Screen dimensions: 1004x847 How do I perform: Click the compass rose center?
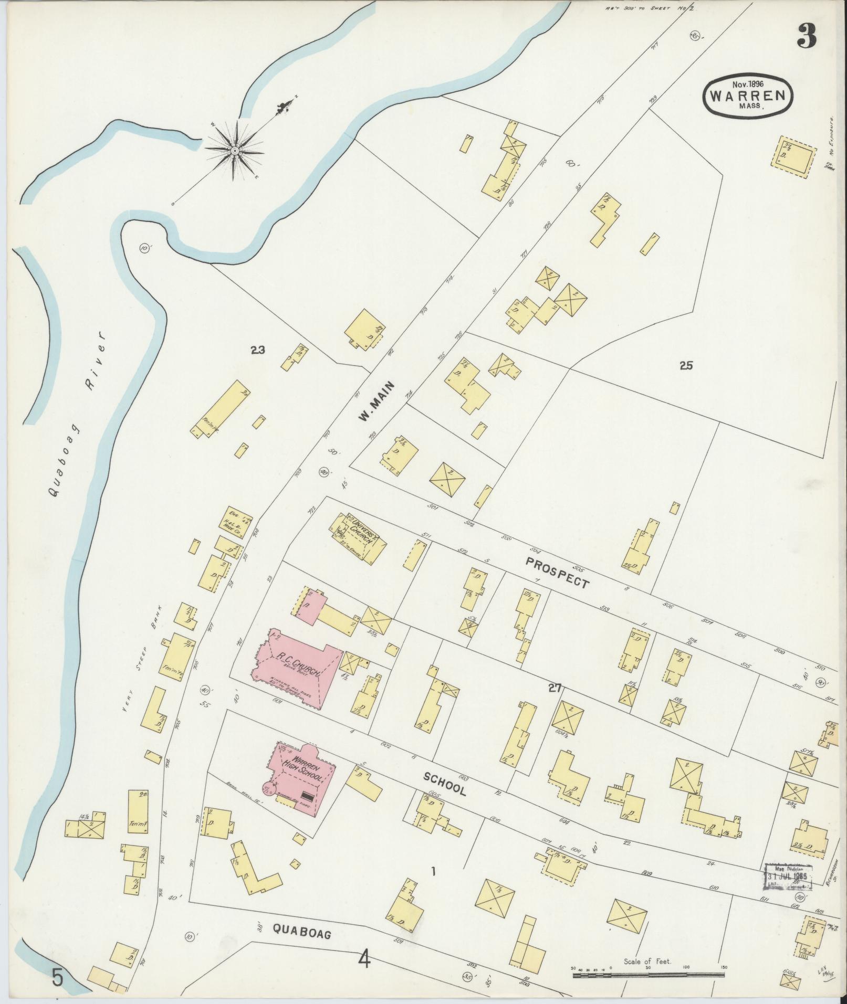234,151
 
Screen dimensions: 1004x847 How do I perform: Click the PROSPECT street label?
557,572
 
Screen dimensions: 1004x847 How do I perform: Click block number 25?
686,366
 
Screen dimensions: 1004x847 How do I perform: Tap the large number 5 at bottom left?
58,977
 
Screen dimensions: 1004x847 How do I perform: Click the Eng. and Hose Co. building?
234,522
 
